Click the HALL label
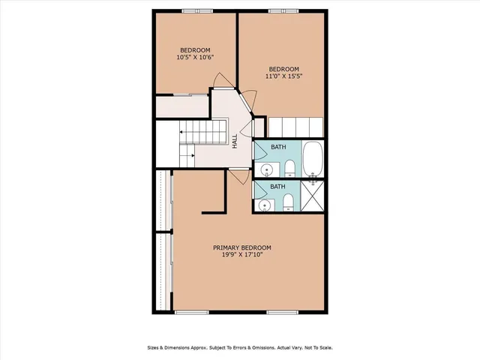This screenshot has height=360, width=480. coord(235,140)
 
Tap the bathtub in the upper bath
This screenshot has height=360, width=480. coord(313,158)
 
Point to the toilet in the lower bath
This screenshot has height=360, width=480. coord(288,200)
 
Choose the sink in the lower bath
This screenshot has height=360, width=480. coord(263,205)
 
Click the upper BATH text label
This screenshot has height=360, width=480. coord(278,147)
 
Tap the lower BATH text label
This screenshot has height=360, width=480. coord(277,187)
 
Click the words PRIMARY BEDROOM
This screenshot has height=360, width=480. coord(241,247)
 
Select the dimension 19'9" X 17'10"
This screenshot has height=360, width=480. coord(241,255)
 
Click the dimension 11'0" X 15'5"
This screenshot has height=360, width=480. coord(283,76)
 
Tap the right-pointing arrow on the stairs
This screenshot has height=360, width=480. coord(193,156)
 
